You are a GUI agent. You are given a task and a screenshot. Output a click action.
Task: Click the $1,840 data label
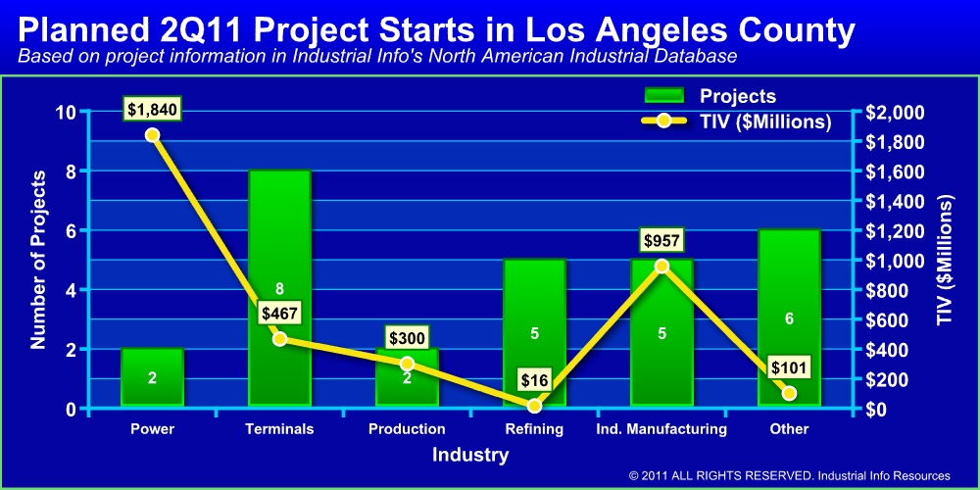152,109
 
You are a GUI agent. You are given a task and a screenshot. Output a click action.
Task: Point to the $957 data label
661,240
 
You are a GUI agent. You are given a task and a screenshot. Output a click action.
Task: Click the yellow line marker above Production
407,364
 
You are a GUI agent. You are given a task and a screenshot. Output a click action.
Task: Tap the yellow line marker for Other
789,393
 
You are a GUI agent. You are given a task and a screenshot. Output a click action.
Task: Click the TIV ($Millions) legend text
765,122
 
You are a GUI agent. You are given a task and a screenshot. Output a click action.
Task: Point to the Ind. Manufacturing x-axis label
661,429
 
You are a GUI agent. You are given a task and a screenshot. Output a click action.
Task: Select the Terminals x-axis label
279,429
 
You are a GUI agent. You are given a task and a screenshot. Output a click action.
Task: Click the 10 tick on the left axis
66,112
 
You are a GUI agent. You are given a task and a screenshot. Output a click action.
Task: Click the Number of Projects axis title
39,260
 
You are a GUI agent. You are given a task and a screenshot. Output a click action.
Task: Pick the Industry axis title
470,455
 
